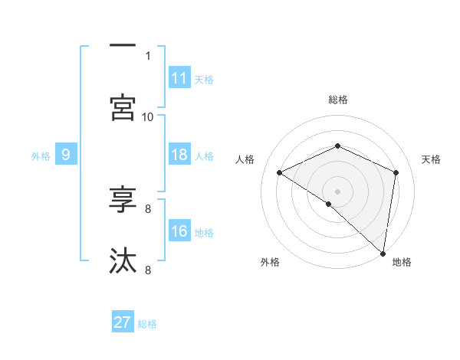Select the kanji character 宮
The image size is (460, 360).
click(123, 107)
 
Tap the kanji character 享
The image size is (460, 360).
click(123, 200)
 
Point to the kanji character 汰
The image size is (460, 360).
click(123, 260)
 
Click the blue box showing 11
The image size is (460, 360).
click(179, 78)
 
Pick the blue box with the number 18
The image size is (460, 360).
click(179, 155)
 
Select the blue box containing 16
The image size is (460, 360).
click(179, 231)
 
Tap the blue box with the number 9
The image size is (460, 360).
click(66, 155)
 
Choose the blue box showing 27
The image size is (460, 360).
click(123, 322)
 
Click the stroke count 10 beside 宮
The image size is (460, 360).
click(148, 116)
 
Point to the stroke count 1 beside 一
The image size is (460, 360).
click(148, 56)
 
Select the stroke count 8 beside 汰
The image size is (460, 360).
click(148, 270)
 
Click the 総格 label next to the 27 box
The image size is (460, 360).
click(147, 324)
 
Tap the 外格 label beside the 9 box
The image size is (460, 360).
click(41, 155)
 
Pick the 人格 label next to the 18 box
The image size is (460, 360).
click(204, 155)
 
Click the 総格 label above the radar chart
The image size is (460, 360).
click(338, 100)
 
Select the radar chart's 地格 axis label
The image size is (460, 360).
click(402, 263)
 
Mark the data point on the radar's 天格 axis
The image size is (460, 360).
click(396, 172)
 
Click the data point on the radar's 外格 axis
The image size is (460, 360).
click(328, 205)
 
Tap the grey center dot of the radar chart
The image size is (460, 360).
click(338, 191)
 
